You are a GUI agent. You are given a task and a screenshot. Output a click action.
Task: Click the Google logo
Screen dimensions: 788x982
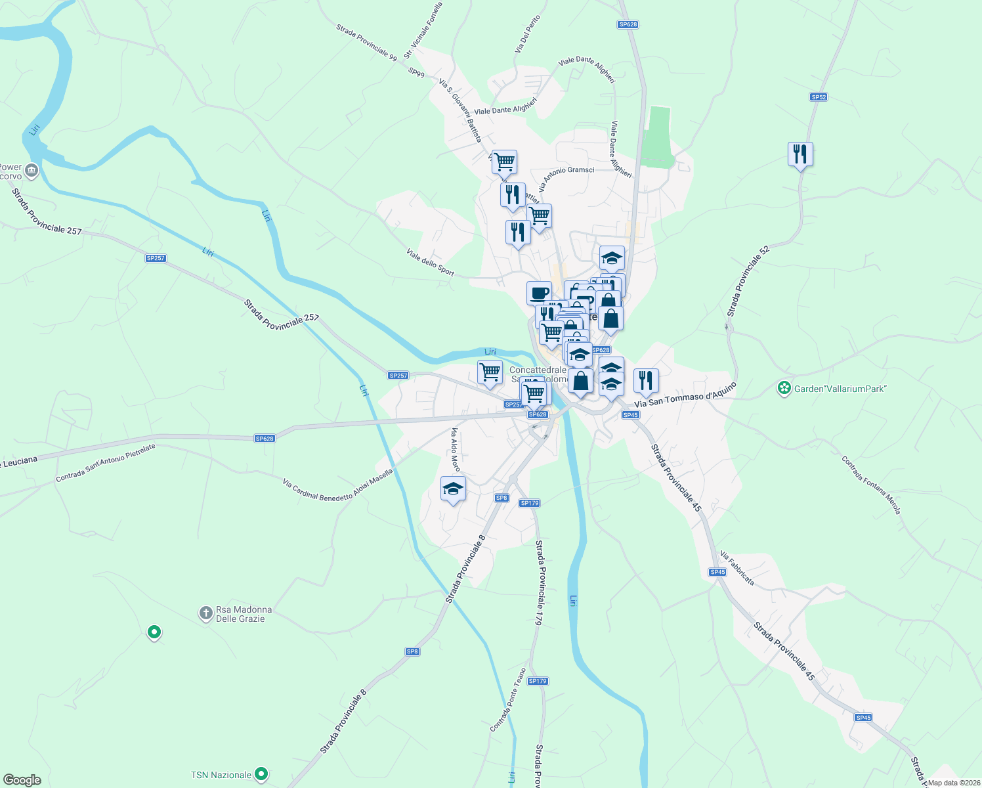pos(22,780)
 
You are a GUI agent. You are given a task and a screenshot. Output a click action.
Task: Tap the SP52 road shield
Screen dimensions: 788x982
pos(818,97)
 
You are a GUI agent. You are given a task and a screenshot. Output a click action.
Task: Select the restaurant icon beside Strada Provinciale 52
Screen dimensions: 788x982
pos(800,154)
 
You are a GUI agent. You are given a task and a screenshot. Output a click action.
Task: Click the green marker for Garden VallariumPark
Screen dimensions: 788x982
pos(784,389)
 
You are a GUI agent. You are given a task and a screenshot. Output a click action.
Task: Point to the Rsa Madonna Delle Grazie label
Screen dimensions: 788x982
pos(244,614)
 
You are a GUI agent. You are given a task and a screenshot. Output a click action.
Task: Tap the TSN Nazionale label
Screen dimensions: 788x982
pos(221,775)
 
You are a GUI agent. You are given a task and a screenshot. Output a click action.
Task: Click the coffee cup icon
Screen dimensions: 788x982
pos(539,293)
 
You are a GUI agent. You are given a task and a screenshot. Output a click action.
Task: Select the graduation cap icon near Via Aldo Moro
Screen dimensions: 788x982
pos(453,489)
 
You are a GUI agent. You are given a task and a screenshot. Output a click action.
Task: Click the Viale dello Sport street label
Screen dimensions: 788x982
pos(430,262)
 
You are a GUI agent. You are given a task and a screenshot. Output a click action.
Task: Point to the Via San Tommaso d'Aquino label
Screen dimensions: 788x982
pos(685,395)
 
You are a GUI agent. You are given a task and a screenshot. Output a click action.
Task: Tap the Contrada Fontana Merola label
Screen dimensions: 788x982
pos(871,485)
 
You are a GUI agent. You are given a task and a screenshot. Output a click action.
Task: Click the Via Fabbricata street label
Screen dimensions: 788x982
pos(736,568)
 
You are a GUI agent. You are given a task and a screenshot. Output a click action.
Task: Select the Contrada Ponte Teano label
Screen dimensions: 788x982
pos(508,700)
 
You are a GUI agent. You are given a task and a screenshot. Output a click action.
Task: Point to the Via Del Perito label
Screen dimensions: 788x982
pos(528,34)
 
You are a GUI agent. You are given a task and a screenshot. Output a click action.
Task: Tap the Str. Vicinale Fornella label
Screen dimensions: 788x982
pos(423,30)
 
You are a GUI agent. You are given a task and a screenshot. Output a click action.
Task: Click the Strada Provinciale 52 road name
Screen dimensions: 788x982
pos(748,281)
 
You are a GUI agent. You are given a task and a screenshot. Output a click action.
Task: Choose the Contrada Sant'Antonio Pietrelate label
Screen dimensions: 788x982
pos(106,463)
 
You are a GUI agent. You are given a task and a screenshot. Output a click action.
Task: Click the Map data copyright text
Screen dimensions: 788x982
pos(954,782)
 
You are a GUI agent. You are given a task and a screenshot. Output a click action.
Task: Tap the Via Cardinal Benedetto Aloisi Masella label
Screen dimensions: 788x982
pos(337,485)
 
